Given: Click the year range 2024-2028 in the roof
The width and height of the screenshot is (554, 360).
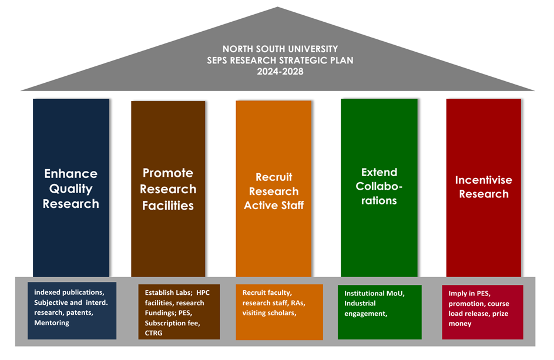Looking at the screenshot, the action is (x=280, y=72).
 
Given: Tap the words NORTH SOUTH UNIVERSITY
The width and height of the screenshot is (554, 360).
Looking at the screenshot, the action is (x=280, y=49).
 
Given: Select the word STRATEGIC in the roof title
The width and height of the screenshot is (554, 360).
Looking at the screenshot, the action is (x=304, y=60).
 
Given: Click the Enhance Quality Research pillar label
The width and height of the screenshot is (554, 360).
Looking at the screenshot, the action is (x=71, y=189).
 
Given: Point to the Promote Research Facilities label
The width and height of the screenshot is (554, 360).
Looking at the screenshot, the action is (x=168, y=189).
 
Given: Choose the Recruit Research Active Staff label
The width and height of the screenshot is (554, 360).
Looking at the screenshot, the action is (x=274, y=191).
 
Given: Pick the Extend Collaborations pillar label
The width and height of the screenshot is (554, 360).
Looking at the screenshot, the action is (x=379, y=186).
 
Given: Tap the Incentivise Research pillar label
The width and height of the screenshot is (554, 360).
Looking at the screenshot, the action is (x=484, y=187).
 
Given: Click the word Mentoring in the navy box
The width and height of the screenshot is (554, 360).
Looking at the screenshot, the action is (x=52, y=323).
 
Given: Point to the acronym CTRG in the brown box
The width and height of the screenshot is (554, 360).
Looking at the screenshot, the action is (x=154, y=333).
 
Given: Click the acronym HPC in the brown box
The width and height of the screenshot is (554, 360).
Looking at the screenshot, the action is (x=203, y=292).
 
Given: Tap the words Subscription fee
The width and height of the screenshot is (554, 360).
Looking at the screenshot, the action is (x=172, y=323).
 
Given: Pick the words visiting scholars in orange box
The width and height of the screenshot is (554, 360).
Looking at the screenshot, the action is (x=269, y=312).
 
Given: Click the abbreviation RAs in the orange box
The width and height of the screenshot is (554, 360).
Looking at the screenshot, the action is (x=298, y=303).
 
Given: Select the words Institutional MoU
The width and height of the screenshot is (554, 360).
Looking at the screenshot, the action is (x=374, y=293).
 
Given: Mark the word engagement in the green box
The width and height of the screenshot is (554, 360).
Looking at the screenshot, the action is (x=365, y=314).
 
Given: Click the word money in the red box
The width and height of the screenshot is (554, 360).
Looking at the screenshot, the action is (x=460, y=324).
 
